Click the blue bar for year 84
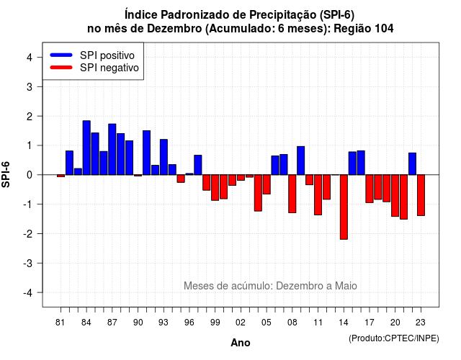pos(86,148)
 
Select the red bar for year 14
pos(344,207)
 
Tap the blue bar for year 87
pos(112,149)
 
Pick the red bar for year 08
pos(292,194)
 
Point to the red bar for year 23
pos(421,195)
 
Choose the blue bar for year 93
pos(164,157)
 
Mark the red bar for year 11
pos(318,195)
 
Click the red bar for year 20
pos(395,196)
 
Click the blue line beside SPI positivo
pos(61,55)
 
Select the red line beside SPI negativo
pos(61,68)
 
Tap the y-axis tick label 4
pos(30,58)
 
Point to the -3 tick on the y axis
pos(28,263)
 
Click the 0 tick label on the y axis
pos(30,175)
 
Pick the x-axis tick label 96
pos(189,323)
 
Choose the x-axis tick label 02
pos(241,323)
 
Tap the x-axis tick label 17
pos(370,323)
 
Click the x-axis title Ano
pos(241,343)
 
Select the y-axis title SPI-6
pos(6,174)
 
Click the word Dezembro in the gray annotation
pos(296,286)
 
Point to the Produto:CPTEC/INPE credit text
pos(394,338)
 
